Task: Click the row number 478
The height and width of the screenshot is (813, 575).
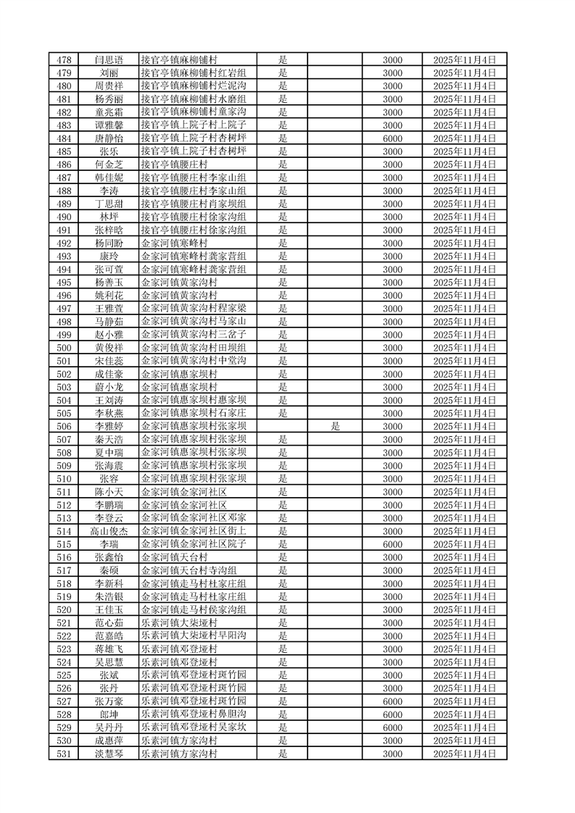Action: click(63, 60)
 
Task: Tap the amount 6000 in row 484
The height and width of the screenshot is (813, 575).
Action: click(392, 138)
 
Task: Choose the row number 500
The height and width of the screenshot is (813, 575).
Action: click(63, 348)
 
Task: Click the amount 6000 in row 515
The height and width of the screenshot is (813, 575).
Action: click(392, 544)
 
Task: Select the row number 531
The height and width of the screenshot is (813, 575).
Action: click(63, 754)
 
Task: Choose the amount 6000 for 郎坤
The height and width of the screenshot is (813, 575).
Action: click(392, 714)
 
